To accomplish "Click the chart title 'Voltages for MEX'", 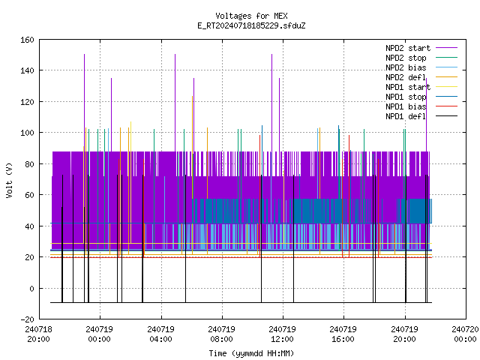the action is coord(251,16).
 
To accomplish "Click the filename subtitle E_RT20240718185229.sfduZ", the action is coord(251,25).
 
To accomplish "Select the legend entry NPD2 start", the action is coord(408,48).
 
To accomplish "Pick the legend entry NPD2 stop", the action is coord(406,58).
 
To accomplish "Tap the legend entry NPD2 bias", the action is coord(406,67).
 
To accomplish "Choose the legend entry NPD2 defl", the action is coord(406,77).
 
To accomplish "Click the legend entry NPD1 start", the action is coord(408,87).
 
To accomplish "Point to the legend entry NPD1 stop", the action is coord(406,97).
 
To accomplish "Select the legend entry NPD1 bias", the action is coord(406,106).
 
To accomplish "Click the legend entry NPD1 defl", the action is coord(406,117).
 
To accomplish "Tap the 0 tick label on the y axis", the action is coord(31,288).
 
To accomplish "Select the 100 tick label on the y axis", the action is coord(27,133).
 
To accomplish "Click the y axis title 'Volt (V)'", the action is coord(9,181).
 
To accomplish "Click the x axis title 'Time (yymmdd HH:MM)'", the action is coord(251,353).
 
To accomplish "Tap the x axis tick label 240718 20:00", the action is coord(38,334).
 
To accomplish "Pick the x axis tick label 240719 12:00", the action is coord(282,334).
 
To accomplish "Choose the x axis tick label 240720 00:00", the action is coord(465,334).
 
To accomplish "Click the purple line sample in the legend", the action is coord(447,48).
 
